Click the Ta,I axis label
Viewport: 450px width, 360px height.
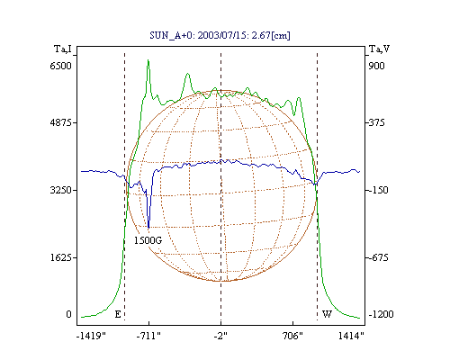(x=63, y=49)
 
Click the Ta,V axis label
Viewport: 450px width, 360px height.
(x=379, y=49)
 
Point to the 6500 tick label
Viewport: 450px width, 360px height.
(x=61, y=66)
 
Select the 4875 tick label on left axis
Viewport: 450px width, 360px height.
(x=61, y=122)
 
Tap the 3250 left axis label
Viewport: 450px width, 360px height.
(x=61, y=190)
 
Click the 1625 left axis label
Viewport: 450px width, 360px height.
(x=61, y=257)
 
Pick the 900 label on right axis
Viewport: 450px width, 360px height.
(x=376, y=66)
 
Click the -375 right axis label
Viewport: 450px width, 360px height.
(x=377, y=122)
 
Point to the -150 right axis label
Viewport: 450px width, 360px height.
(x=379, y=190)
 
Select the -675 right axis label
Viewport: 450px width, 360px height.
(x=379, y=257)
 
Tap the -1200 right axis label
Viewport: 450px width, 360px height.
(x=381, y=314)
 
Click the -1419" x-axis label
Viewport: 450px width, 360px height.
(x=91, y=336)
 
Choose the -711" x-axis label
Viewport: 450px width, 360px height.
(x=148, y=336)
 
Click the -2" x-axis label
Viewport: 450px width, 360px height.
(x=220, y=336)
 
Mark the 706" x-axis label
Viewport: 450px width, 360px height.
(x=292, y=336)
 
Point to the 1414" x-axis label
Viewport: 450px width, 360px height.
(x=351, y=336)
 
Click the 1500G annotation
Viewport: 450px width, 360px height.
(x=148, y=240)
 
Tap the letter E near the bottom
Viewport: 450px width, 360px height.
(x=118, y=314)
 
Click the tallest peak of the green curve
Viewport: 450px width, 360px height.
(x=148, y=60)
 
